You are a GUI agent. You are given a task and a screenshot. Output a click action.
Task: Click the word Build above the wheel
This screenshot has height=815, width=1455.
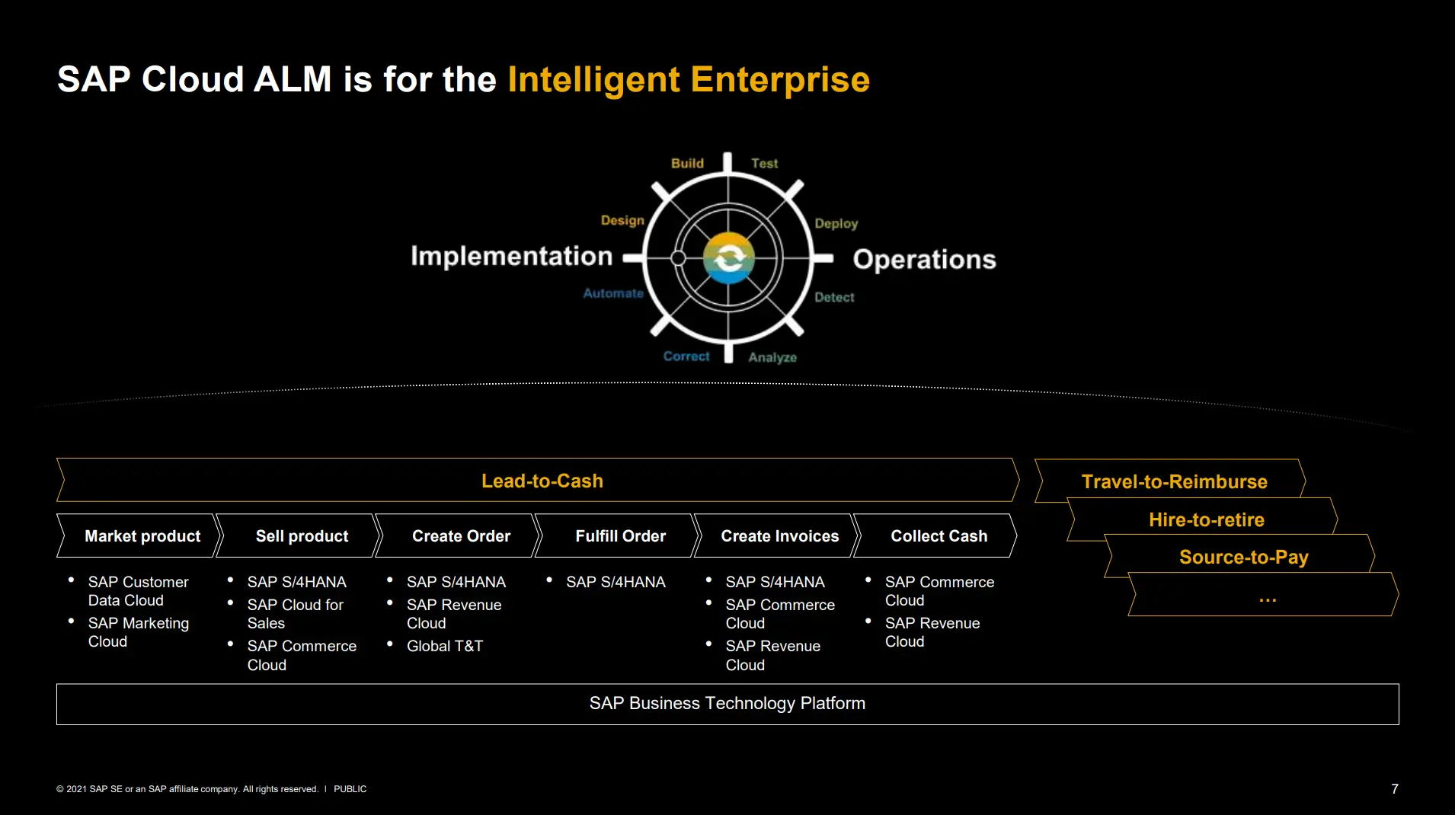click(x=687, y=163)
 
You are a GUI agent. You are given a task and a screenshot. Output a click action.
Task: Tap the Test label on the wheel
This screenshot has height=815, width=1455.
click(x=764, y=163)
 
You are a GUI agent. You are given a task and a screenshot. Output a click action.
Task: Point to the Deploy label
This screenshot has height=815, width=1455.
click(x=836, y=223)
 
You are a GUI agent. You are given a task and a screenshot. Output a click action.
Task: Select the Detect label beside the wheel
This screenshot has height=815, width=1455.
click(x=834, y=297)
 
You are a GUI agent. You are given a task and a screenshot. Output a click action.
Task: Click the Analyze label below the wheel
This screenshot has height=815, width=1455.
click(x=772, y=357)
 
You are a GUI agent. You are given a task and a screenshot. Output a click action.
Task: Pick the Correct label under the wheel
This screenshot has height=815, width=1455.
click(x=686, y=356)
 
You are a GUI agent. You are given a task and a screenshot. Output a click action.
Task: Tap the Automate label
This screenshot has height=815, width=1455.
click(x=613, y=293)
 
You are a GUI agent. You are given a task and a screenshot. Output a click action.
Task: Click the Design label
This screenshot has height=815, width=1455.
click(x=622, y=220)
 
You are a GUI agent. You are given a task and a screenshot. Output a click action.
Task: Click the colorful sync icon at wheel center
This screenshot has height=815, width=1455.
click(x=729, y=258)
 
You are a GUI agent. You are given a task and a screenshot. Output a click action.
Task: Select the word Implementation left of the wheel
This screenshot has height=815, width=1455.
click(x=511, y=256)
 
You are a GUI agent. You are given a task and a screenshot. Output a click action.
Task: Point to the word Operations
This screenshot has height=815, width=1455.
click(x=924, y=259)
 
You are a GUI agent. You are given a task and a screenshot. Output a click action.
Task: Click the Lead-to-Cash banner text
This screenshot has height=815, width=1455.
click(x=542, y=481)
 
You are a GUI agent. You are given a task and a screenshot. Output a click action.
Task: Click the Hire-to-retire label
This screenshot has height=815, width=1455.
click(x=1207, y=519)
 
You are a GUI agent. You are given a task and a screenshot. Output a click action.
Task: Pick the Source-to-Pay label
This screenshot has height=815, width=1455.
click(x=1244, y=557)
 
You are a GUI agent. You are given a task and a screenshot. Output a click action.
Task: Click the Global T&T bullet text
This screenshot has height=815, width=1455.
click(x=445, y=646)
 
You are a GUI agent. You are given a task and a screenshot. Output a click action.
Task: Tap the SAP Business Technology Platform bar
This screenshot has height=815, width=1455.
click(x=727, y=704)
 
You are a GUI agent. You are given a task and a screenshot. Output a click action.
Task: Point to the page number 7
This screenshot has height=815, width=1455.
click(x=1395, y=789)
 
